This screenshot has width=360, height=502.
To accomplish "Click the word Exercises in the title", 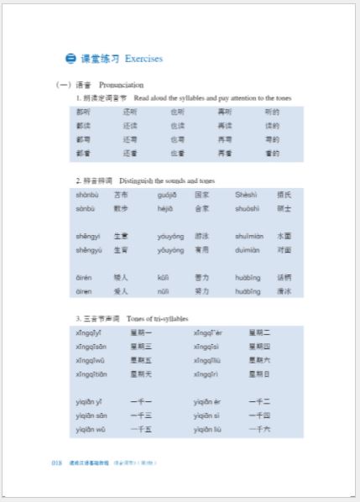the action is click(143, 59).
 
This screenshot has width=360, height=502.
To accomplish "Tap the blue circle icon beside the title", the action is click(70, 59).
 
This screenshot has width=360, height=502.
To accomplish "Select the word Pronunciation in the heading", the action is click(121, 85).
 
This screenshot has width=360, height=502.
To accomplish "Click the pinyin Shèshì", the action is click(248, 194).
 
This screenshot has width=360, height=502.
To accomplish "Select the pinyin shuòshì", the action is click(248, 208).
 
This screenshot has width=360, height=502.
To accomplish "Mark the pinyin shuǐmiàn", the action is click(249, 236).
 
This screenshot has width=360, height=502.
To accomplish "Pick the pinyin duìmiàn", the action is click(248, 249).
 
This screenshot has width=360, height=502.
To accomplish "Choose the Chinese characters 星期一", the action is click(141, 332).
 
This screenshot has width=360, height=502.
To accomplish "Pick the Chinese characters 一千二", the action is click(260, 401).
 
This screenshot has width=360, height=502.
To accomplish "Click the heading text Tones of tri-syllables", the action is click(158, 319).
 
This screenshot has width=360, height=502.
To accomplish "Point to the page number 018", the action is click(57, 463).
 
